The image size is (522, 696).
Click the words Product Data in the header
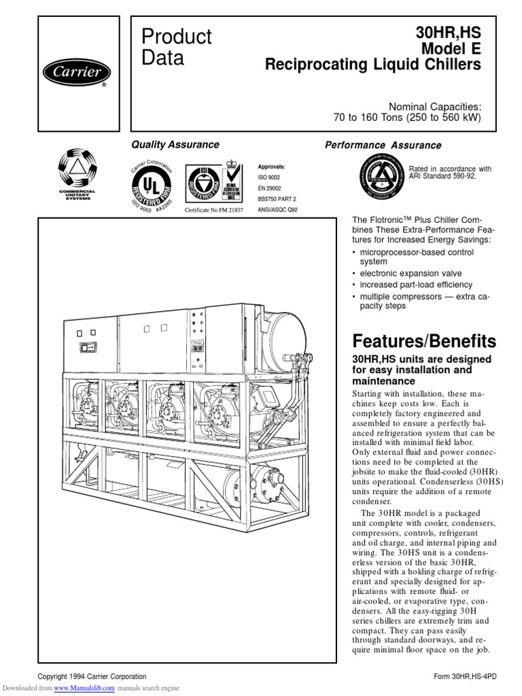click(176, 47)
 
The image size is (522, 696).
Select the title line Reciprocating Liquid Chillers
click(372, 65)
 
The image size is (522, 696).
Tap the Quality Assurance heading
click(175, 144)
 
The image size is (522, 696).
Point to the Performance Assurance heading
click(383, 145)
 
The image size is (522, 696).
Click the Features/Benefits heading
click(424, 341)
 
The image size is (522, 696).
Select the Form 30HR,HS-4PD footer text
click(466, 676)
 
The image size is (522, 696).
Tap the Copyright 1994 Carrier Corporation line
click(92, 676)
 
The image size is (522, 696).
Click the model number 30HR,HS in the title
click(448, 33)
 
